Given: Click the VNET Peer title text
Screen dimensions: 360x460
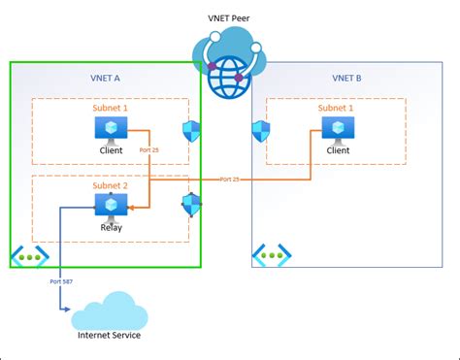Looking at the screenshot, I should pos(229,17).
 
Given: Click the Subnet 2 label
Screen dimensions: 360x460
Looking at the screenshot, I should pos(110,185).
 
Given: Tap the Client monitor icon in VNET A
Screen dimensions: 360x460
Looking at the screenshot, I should pos(110,129).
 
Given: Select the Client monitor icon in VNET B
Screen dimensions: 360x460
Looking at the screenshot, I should pos(339,129).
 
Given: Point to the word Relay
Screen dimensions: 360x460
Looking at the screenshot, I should pos(110,228).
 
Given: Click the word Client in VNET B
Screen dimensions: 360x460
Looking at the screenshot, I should pos(339,150).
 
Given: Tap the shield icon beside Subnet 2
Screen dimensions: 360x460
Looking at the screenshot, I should pos(191,204).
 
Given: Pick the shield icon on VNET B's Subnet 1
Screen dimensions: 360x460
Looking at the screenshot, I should pos(260,131).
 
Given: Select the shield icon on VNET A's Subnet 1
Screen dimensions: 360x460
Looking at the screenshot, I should pos(191,131).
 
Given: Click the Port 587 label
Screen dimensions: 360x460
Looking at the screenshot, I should pos(60,281).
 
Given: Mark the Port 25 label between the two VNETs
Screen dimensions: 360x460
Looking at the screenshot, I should pos(229,179).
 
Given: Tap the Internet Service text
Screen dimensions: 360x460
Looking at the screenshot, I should pos(109,336).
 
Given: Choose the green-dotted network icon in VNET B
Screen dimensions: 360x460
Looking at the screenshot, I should pos(271,256).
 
